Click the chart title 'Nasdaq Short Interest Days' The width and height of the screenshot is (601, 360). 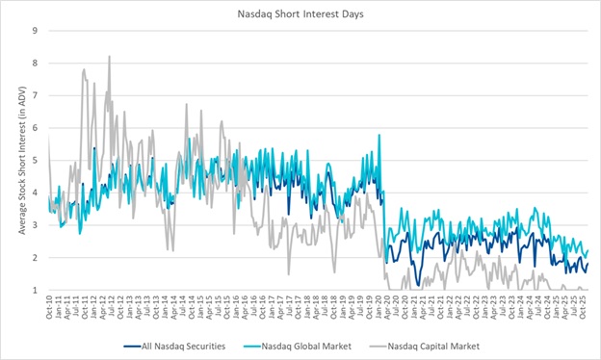point(300,13)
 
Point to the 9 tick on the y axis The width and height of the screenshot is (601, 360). point(35,30)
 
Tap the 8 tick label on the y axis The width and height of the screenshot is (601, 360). point(35,63)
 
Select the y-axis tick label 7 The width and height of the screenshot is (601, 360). point(35,95)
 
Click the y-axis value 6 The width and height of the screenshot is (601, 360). point(35,128)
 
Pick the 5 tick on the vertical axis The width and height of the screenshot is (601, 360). point(35,160)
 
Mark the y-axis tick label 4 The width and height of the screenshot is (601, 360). point(35,193)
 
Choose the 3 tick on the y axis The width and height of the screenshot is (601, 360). point(35,225)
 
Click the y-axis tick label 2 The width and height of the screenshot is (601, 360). point(35,258)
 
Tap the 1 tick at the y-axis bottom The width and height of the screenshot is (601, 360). point(35,290)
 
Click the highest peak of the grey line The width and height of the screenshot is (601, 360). point(109,57)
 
